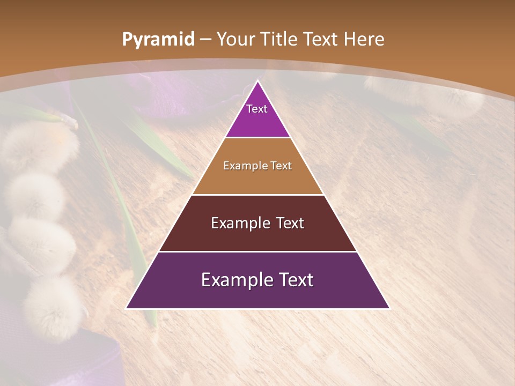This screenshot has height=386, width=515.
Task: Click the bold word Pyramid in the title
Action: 158,40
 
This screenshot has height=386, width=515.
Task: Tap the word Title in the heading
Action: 279,39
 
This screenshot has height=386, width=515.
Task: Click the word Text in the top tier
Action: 257,109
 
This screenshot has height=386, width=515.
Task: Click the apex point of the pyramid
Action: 257,81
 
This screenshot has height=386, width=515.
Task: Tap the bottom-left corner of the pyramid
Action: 127,308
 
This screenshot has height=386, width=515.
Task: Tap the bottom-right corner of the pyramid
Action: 389,308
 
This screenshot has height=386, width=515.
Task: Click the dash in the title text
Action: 205,40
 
